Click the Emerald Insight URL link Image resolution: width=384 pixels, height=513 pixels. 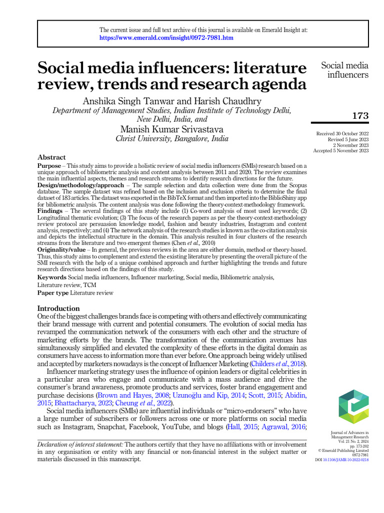pyautogui.click(x=166, y=38)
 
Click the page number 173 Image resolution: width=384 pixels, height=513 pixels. pyautogui.click(x=360, y=116)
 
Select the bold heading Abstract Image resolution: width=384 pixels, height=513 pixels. pyautogui.click(x=51, y=157)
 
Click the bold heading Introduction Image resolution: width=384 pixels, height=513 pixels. pyautogui.click(x=59, y=308)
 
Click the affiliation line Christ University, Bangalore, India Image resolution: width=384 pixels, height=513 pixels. pyautogui.click(x=172, y=139)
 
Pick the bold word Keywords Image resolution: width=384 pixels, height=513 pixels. pyautogui.click(x=52, y=277)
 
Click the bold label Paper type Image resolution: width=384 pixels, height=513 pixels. pyautogui.click(x=53, y=293)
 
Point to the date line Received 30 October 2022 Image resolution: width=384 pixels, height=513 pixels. pyautogui.click(x=342, y=134)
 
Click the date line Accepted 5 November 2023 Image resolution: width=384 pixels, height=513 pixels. pyautogui.click(x=341, y=150)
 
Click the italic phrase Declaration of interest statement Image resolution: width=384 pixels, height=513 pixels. pyautogui.click(x=80, y=444)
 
